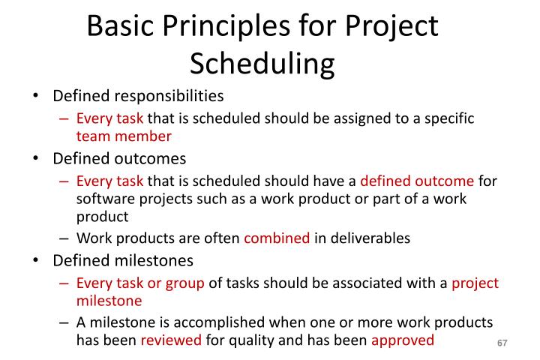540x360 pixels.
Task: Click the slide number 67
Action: pyautogui.click(x=502, y=343)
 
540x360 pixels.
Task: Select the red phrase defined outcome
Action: pyautogui.click(x=417, y=181)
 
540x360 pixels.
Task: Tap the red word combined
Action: pyautogui.click(x=277, y=238)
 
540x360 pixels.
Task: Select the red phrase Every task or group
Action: pyautogui.click(x=140, y=283)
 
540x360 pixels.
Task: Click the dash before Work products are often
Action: pyautogui.click(x=64, y=238)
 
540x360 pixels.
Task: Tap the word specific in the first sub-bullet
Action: pyautogui.click(x=447, y=119)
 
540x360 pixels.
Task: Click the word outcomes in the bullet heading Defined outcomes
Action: pyautogui.click(x=153, y=159)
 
